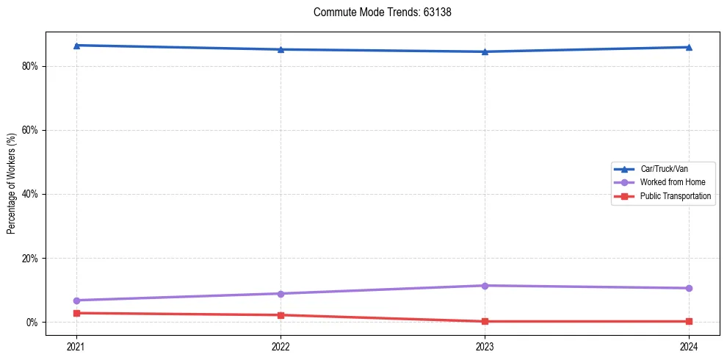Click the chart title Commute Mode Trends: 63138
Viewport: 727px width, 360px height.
point(377,12)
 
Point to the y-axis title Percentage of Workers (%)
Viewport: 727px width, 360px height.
point(12,184)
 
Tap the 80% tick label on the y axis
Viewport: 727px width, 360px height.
point(30,66)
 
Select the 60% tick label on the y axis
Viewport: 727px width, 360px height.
point(30,130)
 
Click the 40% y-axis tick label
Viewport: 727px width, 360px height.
point(30,194)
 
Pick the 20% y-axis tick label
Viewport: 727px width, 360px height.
point(30,259)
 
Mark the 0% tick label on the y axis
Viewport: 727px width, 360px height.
point(32,323)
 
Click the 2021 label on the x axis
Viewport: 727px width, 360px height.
point(76,346)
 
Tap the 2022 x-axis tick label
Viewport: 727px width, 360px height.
point(281,346)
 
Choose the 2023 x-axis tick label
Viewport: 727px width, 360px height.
point(485,346)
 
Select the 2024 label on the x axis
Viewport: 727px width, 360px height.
point(689,346)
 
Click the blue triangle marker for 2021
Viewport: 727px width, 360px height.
point(76,46)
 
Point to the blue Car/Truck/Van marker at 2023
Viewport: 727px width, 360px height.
point(485,51)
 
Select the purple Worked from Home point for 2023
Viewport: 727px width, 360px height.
point(485,285)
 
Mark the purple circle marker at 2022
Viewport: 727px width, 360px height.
point(281,294)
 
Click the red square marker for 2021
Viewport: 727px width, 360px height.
point(76,313)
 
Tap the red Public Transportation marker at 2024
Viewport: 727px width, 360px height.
point(689,321)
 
